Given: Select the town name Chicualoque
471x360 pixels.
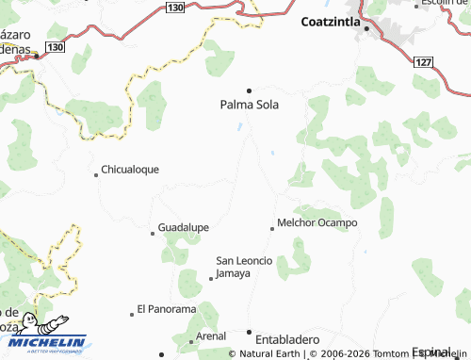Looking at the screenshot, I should click(x=131, y=170).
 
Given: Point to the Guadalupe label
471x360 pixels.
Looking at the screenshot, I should click(x=183, y=227).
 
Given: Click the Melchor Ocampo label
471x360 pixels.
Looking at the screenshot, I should click(x=317, y=222).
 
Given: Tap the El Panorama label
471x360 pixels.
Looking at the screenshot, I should click(x=166, y=308).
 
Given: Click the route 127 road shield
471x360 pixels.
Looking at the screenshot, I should click(x=423, y=61).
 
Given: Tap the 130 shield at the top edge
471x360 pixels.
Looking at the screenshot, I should click(x=173, y=7).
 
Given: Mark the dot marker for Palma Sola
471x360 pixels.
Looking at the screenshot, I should click(x=250, y=90).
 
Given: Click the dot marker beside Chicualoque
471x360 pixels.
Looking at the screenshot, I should click(x=95, y=173).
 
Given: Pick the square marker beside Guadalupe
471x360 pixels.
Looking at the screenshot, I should click(x=153, y=232).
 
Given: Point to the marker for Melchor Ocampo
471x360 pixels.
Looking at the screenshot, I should click(x=272, y=227).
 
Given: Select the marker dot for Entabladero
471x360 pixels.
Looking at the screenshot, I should click(x=250, y=333).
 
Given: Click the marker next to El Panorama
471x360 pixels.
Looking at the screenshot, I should click(x=132, y=313).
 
